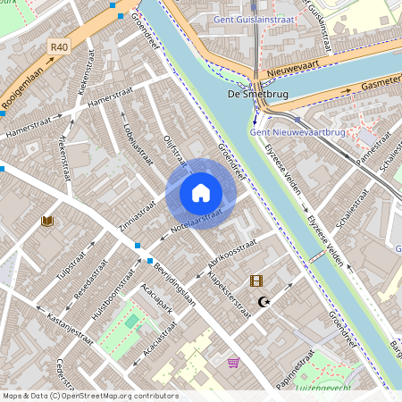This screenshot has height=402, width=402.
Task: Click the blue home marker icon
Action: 201,193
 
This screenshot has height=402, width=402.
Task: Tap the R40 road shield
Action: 59,46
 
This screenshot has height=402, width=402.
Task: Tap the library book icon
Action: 46,221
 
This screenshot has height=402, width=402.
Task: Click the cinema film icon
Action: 257,281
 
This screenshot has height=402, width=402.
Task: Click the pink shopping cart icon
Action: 234,362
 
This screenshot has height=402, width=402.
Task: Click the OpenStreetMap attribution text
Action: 89,396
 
